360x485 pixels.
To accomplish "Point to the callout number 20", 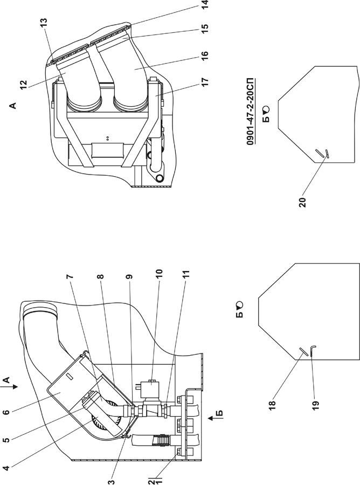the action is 303,202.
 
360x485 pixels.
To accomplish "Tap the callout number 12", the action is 24,85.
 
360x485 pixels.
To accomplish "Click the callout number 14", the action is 205,4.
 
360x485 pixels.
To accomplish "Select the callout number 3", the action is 112,482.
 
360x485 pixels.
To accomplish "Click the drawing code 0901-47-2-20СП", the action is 250,112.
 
